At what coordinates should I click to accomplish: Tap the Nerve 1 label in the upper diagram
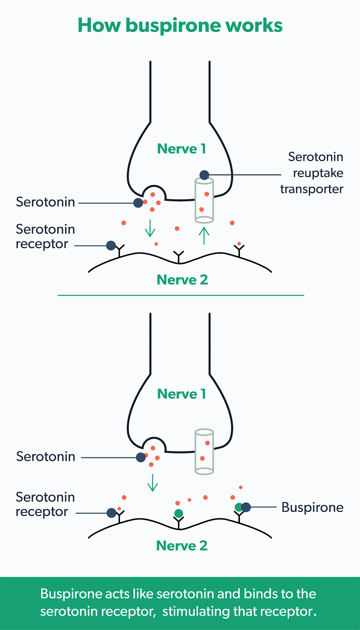181,148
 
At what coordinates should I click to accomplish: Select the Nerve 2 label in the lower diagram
182,546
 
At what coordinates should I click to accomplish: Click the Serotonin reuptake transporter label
312,173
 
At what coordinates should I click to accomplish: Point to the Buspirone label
312,507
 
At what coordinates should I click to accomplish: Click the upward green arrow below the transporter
204,236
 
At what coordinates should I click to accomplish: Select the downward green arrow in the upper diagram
150,228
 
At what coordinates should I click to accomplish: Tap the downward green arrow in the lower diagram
152,483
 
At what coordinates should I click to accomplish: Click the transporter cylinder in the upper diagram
204,200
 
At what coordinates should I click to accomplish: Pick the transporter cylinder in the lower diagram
204,452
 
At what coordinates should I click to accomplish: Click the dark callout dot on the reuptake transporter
204,175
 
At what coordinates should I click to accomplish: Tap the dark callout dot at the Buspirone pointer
246,507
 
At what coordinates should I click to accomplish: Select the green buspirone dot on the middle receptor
179,513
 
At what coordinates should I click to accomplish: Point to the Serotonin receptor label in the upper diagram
45,237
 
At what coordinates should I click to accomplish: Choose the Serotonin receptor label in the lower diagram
45,504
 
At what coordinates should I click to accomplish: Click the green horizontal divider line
181,295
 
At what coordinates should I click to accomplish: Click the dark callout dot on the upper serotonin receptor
111,246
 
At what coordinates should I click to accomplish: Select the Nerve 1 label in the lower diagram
181,394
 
